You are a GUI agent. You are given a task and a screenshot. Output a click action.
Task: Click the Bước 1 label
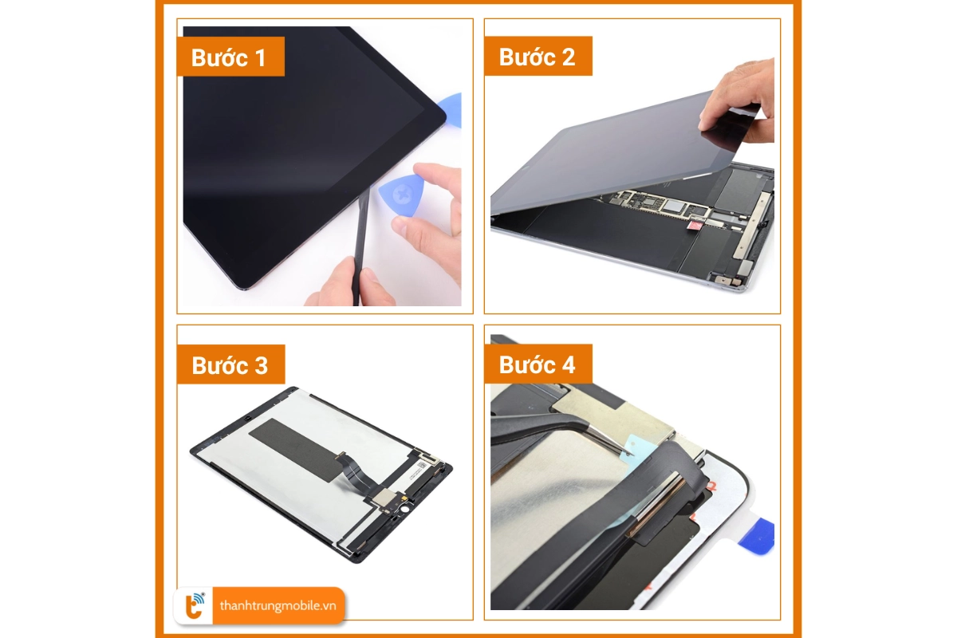tap(230, 57)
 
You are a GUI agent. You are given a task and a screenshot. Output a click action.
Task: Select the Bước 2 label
tap(538, 57)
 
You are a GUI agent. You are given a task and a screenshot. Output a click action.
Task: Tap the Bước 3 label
tap(230, 364)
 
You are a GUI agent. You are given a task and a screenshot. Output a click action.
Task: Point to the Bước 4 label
tap(538, 364)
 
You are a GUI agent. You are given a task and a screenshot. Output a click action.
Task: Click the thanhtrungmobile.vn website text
tap(278, 605)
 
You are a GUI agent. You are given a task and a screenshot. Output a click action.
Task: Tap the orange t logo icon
tap(195, 606)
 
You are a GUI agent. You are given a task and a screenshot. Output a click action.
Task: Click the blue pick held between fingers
tap(402, 195)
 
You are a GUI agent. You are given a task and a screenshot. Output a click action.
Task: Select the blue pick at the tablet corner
tap(451, 110)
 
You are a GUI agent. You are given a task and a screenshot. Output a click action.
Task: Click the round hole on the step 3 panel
tap(404, 510)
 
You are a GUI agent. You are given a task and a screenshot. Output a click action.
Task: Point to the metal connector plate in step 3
tap(384, 498)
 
